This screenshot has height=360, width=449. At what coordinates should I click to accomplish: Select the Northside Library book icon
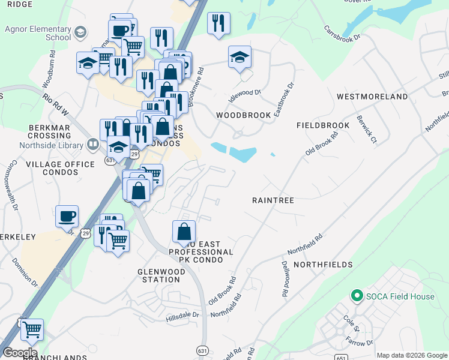(92, 144)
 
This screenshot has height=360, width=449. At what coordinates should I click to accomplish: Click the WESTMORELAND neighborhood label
(372, 96)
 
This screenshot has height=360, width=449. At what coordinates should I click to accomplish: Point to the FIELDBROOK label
(323, 125)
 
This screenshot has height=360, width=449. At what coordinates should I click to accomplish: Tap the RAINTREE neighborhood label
(273, 200)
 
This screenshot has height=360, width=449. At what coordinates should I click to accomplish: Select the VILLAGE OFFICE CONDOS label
(69, 168)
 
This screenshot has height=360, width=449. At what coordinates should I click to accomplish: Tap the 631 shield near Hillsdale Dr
(202, 350)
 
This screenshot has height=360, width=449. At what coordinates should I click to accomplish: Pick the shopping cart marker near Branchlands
(32, 329)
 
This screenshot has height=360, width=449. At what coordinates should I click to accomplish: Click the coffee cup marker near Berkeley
(67, 215)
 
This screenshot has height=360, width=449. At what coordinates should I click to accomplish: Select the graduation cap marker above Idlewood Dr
(240, 57)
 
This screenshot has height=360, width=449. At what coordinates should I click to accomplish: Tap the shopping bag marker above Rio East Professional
(184, 231)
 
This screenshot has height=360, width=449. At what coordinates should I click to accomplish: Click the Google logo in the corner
(20, 353)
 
